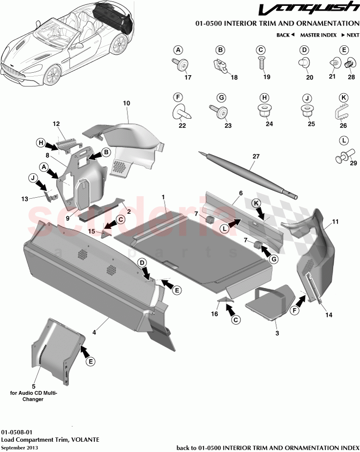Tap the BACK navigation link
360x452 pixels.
[285, 35]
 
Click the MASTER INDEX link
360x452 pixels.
[318, 35]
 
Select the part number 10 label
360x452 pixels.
[127, 103]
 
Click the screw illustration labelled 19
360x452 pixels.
[261, 62]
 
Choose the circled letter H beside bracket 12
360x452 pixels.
[42, 143]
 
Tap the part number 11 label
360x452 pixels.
[335, 222]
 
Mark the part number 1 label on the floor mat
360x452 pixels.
[164, 196]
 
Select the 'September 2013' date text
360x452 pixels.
[19, 447]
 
